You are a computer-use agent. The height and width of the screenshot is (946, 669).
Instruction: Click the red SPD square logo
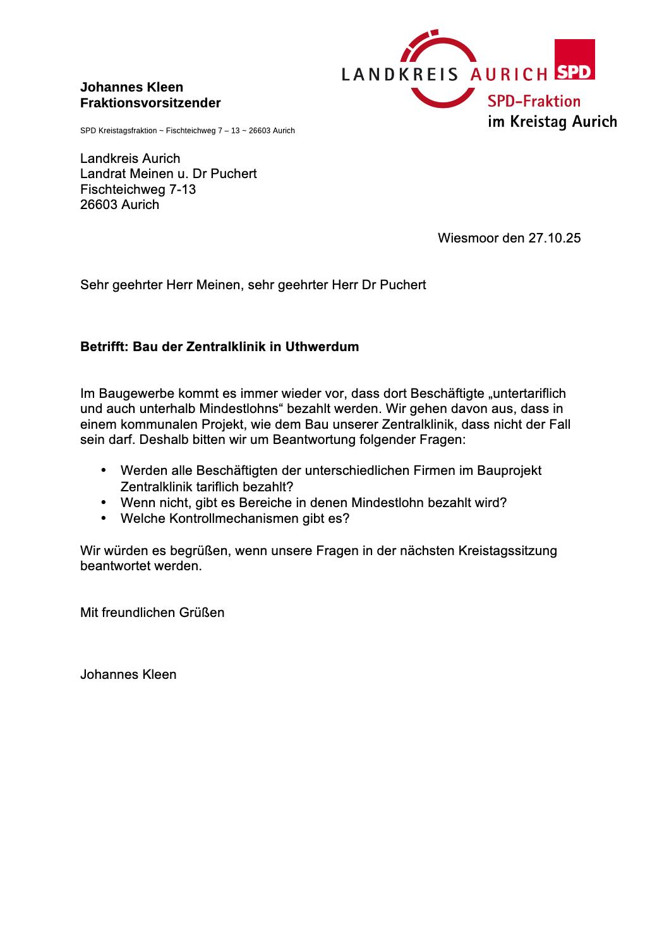click(574, 60)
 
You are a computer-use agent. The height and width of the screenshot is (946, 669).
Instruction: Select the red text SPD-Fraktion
click(533, 101)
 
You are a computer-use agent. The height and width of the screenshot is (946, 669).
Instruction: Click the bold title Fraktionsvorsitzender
click(150, 103)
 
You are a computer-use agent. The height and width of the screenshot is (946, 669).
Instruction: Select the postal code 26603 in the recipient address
click(99, 205)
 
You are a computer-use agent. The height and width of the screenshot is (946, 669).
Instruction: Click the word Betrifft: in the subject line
click(104, 347)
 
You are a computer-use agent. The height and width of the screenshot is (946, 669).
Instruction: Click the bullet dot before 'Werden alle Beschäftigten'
click(104, 470)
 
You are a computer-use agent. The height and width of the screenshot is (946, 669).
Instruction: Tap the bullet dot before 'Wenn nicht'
click(104, 503)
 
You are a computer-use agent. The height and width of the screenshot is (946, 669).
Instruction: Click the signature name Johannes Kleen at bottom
click(128, 674)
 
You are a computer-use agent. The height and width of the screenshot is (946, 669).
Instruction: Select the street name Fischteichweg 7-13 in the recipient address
click(138, 189)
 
